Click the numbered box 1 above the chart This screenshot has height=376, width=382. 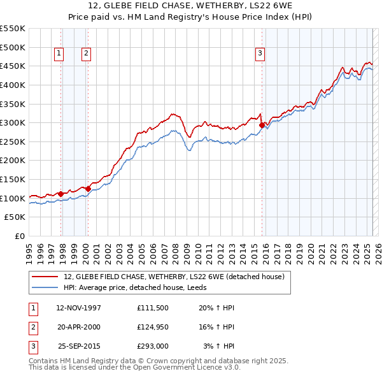[59, 54]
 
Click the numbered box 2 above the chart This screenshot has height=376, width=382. [85, 54]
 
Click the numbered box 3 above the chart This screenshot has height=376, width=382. [260, 54]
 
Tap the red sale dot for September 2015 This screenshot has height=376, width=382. [262, 126]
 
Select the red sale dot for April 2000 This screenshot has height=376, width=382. [88, 189]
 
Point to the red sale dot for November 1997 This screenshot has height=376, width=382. [60, 194]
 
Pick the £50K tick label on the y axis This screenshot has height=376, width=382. [15, 217]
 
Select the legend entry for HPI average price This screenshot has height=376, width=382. [142, 287]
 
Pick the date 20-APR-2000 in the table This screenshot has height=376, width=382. [78, 327]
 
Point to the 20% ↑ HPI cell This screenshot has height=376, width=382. [216, 308]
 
